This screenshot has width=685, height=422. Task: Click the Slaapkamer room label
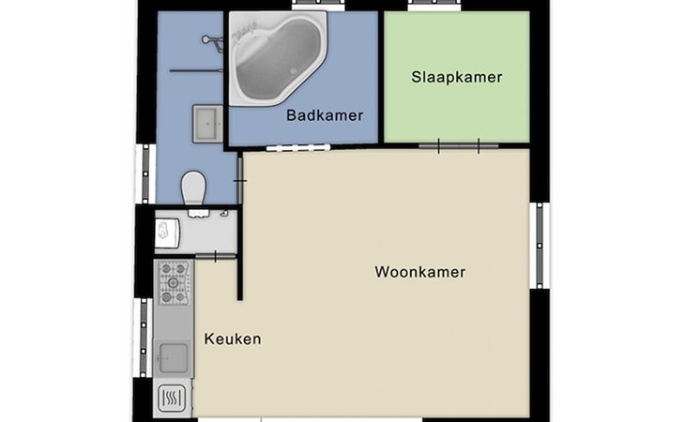pyautogui.click(x=457, y=77)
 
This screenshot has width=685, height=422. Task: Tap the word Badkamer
pyautogui.click(x=325, y=115)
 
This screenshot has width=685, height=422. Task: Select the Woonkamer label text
pyautogui.click(x=419, y=272)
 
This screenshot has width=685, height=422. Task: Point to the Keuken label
pyautogui.click(x=233, y=339)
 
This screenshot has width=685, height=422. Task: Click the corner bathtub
pyautogui.click(x=278, y=58)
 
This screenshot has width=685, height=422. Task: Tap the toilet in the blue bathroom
pyautogui.click(x=193, y=188)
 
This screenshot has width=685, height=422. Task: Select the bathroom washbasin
pyautogui.click(x=208, y=124)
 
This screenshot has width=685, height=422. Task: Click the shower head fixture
pyautogui.click(x=212, y=42)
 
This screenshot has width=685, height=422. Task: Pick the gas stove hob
pyautogui.click(x=174, y=283)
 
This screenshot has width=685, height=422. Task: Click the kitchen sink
pyautogui.click(x=174, y=359)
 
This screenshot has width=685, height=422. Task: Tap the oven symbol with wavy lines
pyautogui.click(x=172, y=398)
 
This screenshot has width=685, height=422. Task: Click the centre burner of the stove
pyautogui.click(x=174, y=283)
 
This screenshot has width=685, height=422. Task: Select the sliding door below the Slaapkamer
pyautogui.click(x=458, y=145)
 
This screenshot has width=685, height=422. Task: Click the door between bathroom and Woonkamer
pyautogui.click(x=240, y=180)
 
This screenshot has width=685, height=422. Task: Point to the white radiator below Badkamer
pyautogui.click(x=298, y=147)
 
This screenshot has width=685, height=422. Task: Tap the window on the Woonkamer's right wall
pyautogui.click(x=540, y=246)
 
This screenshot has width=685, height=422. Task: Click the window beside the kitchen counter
pyautogui.click(x=144, y=338)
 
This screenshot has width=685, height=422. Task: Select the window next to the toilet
pyautogui.click(x=145, y=173)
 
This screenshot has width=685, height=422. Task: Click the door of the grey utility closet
pyautogui.click(x=216, y=257)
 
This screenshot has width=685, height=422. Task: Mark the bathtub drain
pyautogui.click(x=294, y=70)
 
